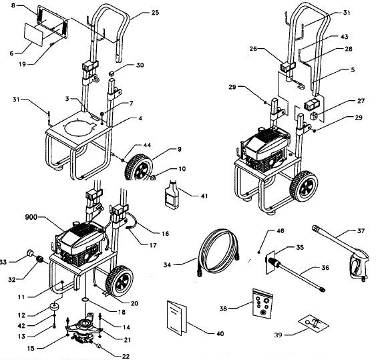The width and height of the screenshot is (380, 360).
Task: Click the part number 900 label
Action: pos(33,218)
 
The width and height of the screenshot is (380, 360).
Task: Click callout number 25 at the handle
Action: pos(155,13)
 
